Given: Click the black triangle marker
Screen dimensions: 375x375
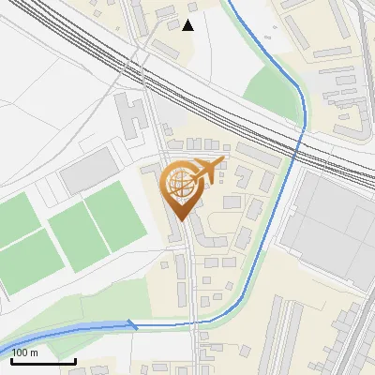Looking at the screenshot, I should pyautogui.click(x=188, y=24).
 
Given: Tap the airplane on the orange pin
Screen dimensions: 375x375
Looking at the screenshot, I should pyautogui.click(x=208, y=170).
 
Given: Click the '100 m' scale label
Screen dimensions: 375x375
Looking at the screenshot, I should pyautogui.click(x=25, y=352).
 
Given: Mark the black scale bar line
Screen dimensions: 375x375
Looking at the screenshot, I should pyautogui.click(x=43, y=360).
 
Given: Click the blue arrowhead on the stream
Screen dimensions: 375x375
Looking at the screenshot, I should pyautogui.click(x=132, y=325).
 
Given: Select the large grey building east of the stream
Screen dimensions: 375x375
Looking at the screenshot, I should pyautogui.click(x=334, y=225).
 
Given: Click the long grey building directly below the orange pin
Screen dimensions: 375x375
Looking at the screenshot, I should pyautogui.click(x=176, y=229).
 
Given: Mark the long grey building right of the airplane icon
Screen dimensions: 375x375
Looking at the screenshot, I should pyautogui.click(x=257, y=154).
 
